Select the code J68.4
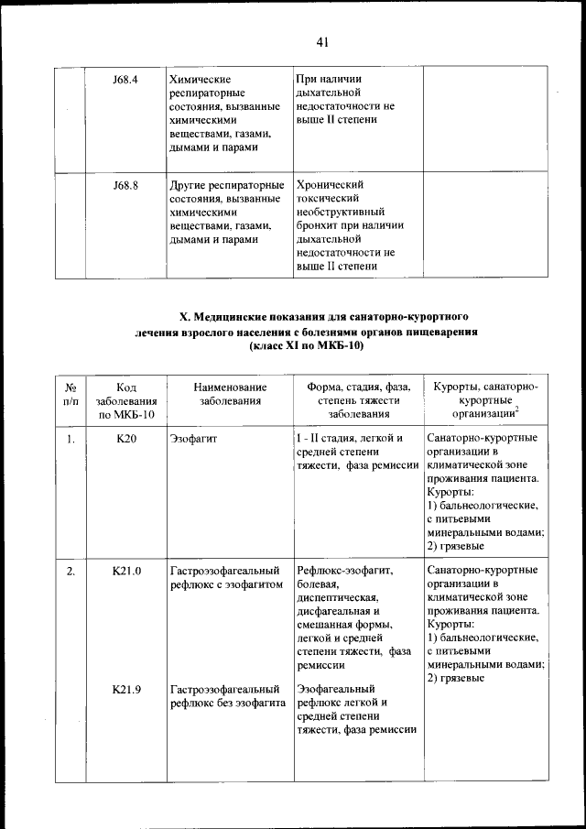click(x=125, y=80)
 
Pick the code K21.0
click(x=126, y=571)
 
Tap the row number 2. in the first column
click(x=70, y=571)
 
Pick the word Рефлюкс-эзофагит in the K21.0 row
click(x=344, y=571)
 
